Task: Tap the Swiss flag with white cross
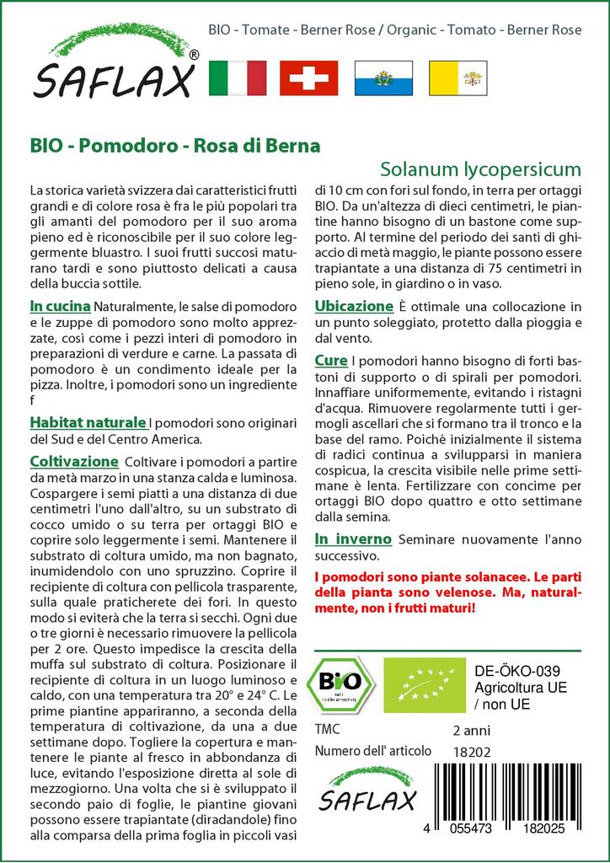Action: (x=308, y=77)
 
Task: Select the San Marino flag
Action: (x=383, y=77)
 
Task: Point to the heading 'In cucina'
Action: (x=60, y=305)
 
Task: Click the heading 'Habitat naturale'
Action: (x=87, y=422)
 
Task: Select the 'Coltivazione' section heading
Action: (x=73, y=462)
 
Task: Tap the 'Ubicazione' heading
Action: (x=353, y=306)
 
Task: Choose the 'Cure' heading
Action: (x=330, y=361)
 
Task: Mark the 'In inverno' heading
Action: (x=352, y=539)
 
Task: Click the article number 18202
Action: (x=471, y=751)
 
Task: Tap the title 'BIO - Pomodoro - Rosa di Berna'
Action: (x=174, y=145)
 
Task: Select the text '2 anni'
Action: (x=471, y=730)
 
